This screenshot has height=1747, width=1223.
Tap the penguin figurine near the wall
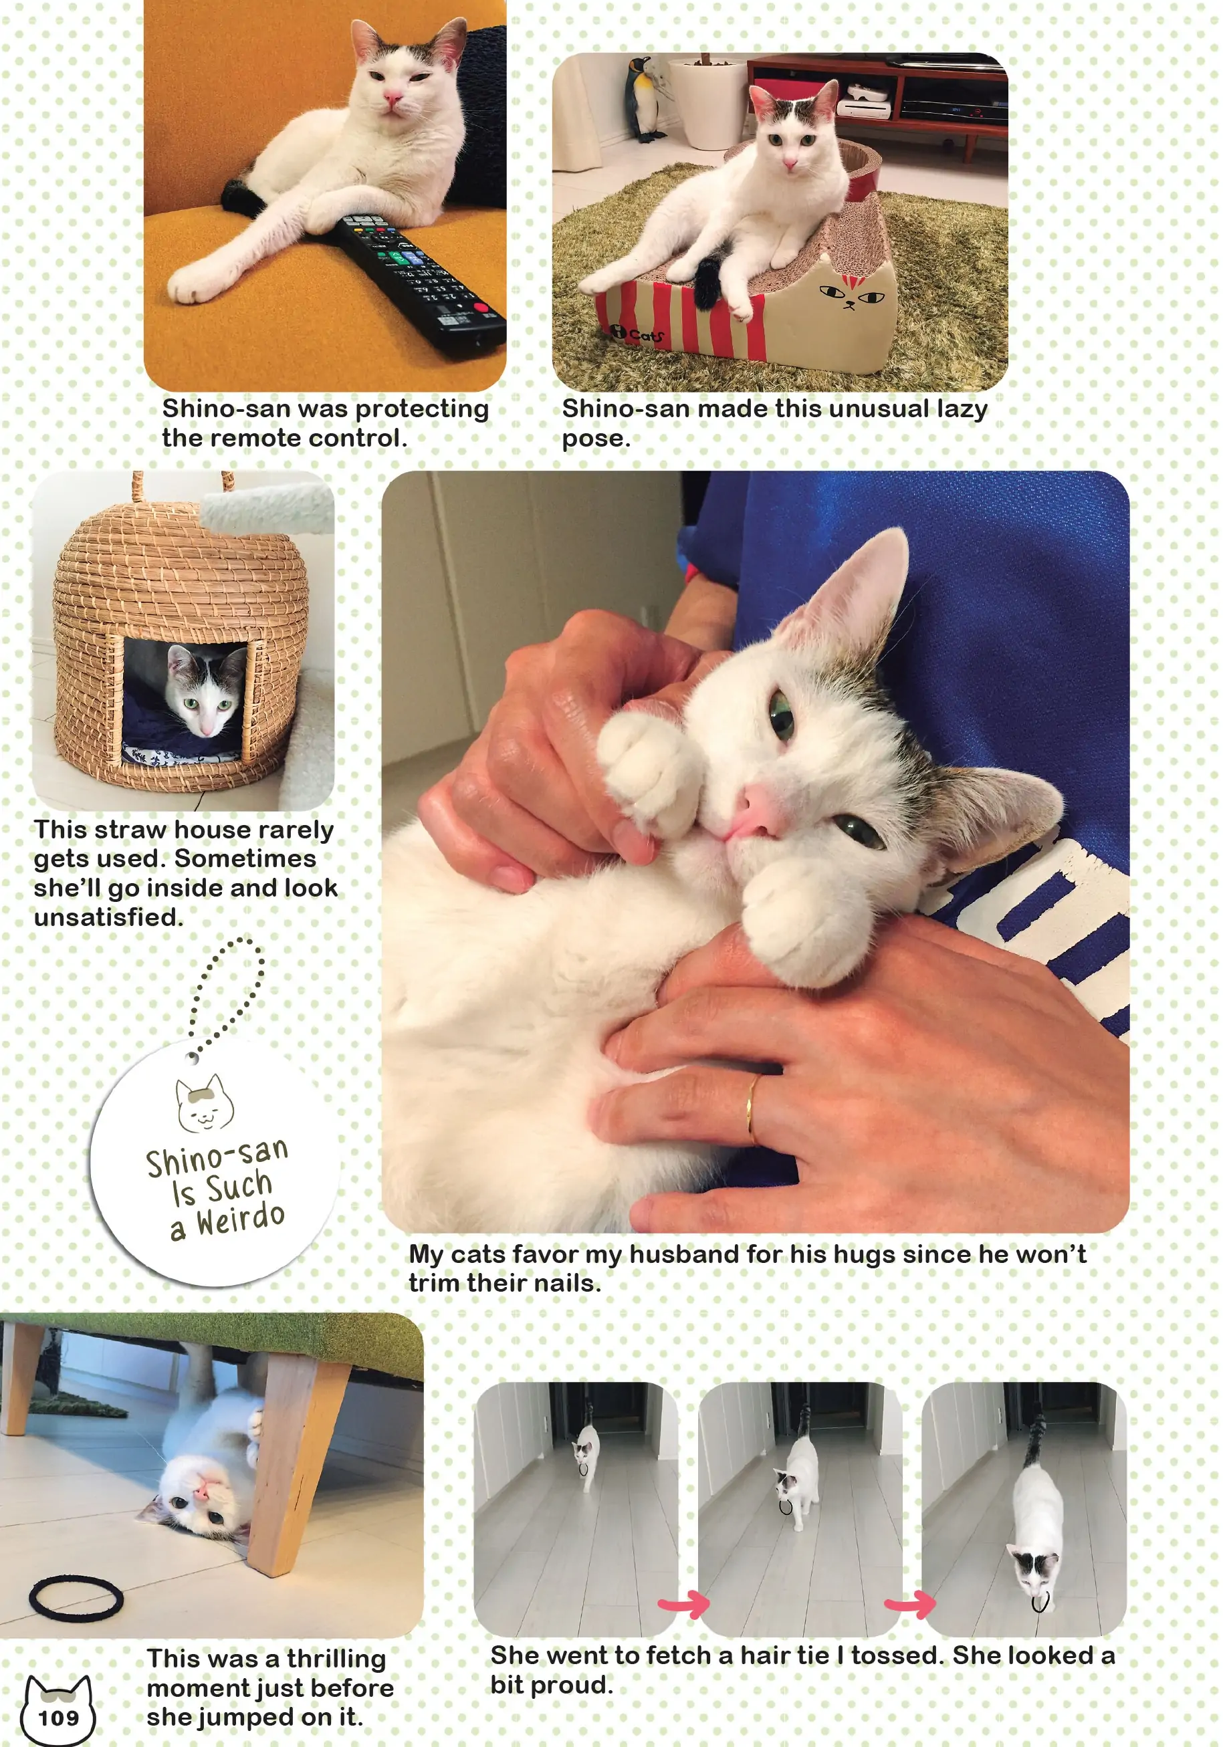coord(643,100)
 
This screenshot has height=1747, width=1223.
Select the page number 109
coord(59,1718)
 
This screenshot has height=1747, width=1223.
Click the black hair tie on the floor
coord(76,1598)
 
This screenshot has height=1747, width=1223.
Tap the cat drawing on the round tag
coord(204,1102)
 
